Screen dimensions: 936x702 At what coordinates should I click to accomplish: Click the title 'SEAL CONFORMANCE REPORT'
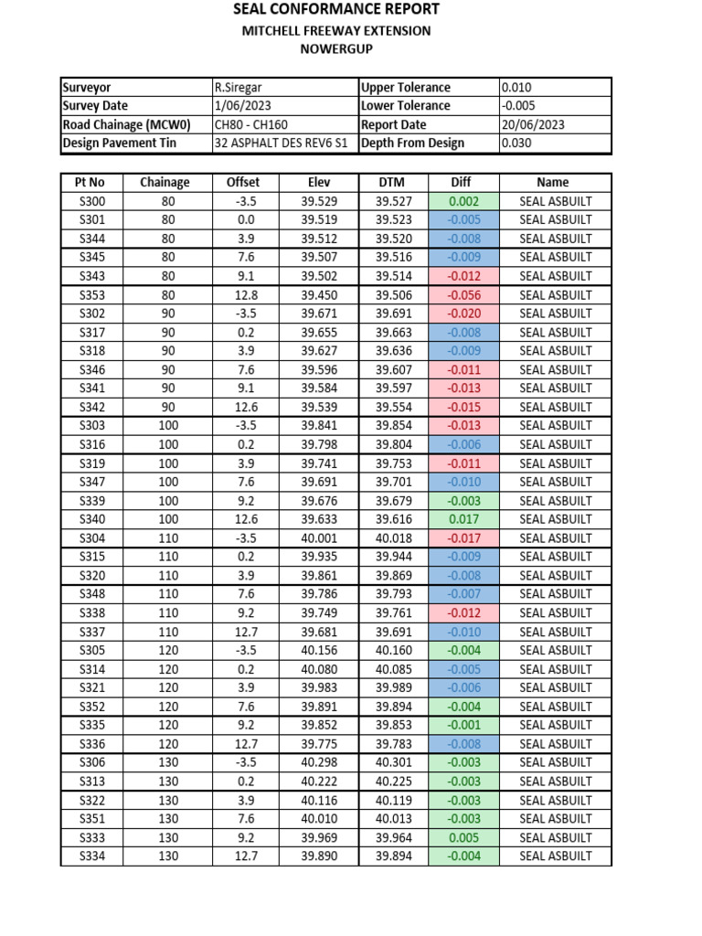[x=336, y=9]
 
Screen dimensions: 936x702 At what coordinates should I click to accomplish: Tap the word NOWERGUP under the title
[x=336, y=49]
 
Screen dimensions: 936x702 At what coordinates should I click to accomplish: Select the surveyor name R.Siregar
[x=238, y=88]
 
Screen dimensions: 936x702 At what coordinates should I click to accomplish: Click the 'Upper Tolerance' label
[x=406, y=88]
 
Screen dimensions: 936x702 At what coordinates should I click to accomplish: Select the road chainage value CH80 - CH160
[x=255, y=125]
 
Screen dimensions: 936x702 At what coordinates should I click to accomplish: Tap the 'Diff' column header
[x=462, y=183]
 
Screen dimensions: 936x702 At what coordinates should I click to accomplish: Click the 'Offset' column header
[x=243, y=183]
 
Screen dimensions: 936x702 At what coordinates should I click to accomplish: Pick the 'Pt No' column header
[x=90, y=183]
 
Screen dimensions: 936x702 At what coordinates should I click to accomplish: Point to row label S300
[x=92, y=201]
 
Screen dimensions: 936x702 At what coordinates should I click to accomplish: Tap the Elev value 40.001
[x=319, y=538]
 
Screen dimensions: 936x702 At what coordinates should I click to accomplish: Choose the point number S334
[x=92, y=856]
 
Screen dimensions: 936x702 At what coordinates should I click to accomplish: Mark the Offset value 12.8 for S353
[x=243, y=295]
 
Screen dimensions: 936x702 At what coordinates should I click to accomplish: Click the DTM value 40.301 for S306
[x=394, y=762]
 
